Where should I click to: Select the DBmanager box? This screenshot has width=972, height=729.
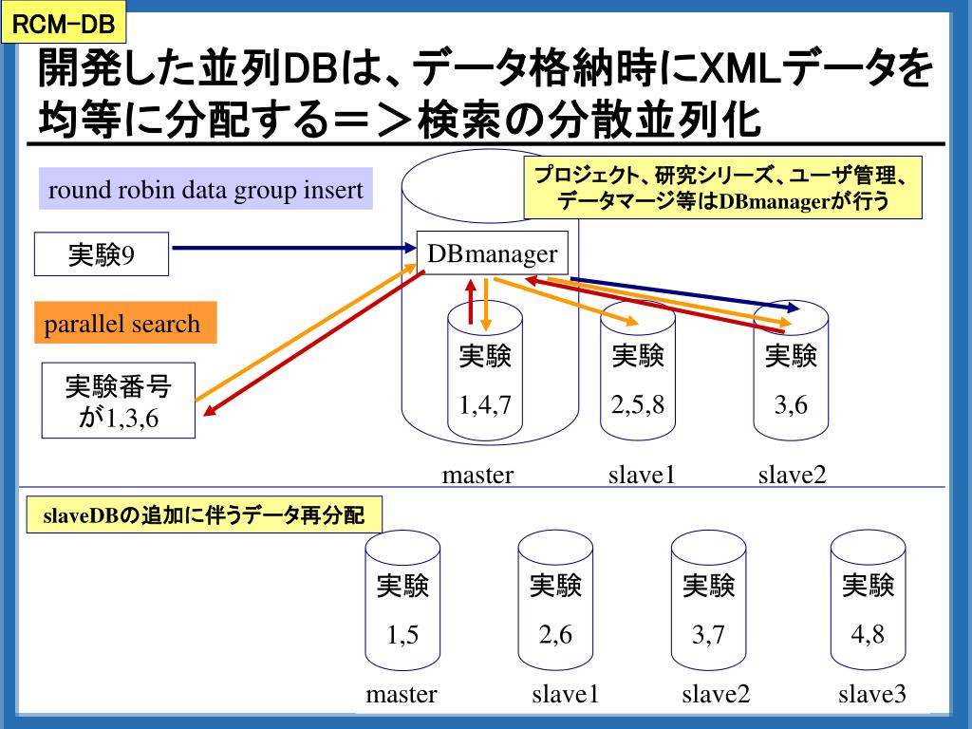(491, 253)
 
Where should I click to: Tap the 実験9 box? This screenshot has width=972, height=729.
(101, 254)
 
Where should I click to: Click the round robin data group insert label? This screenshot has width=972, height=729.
(206, 190)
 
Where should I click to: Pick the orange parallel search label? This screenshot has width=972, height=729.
(123, 324)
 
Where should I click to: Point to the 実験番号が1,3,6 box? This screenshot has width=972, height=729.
(119, 401)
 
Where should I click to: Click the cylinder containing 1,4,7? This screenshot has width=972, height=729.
(485, 380)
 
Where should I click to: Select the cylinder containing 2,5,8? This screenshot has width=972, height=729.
(638, 380)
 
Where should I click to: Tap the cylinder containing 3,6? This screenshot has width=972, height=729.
(791, 380)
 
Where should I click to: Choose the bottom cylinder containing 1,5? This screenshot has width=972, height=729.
(403, 607)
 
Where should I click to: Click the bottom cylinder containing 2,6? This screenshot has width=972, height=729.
(555, 607)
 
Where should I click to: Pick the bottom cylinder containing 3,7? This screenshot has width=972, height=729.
(708, 607)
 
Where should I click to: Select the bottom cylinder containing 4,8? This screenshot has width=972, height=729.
(868, 607)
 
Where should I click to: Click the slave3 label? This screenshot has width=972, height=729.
(871, 695)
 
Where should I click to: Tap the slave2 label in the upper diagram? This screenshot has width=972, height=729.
(792, 474)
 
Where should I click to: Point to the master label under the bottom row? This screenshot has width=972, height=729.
(402, 695)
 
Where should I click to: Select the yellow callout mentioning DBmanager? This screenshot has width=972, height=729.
(723, 189)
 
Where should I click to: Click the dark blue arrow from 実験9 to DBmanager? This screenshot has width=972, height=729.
(294, 249)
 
